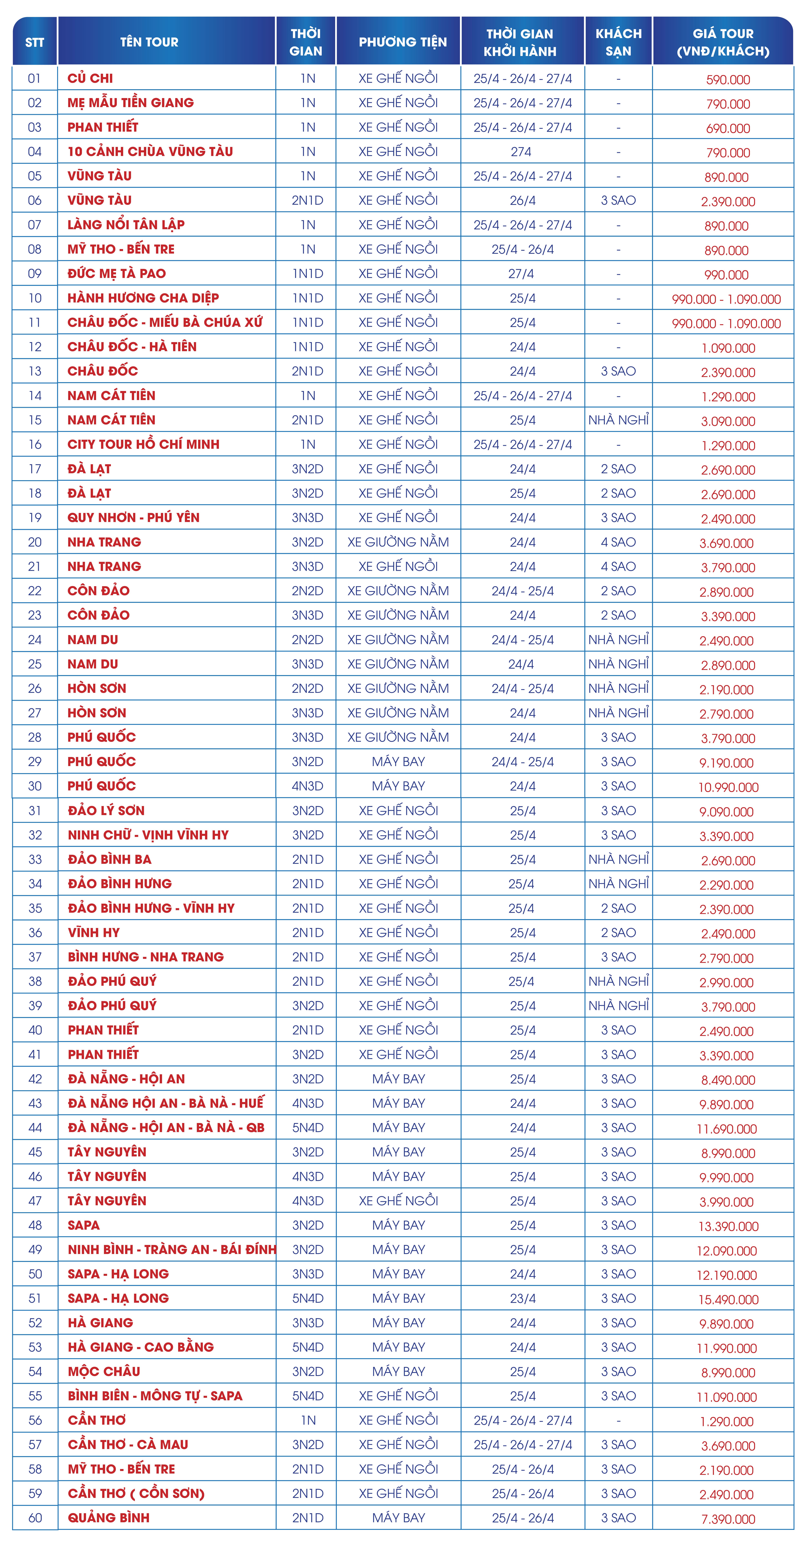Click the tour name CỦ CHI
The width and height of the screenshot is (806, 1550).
click(x=90, y=78)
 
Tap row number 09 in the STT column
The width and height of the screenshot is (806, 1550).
click(x=35, y=274)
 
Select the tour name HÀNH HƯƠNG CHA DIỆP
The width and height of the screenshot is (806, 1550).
click(x=143, y=298)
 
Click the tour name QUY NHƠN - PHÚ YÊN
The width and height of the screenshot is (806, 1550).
click(x=133, y=517)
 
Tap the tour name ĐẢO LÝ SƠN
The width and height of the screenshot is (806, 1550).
click(x=106, y=811)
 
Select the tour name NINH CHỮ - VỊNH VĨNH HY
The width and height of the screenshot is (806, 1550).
click(x=148, y=835)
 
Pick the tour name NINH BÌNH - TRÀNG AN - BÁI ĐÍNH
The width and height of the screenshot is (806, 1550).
click(x=171, y=1250)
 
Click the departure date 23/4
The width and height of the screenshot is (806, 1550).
click(x=522, y=1299)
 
